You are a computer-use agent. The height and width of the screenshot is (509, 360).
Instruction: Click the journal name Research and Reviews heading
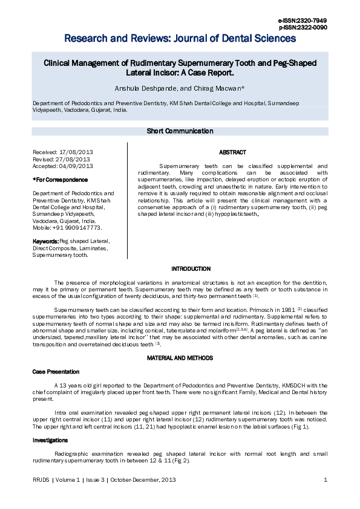tap(180, 39)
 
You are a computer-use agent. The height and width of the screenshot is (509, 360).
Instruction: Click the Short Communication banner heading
tap(180, 131)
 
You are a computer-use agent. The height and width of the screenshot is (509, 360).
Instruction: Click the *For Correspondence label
tap(60, 180)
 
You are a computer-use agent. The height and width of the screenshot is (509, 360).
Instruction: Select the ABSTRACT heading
tap(232, 152)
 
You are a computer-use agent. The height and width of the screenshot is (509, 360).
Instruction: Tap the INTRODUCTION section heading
tap(191, 269)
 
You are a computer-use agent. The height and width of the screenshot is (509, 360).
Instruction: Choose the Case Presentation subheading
tap(56, 372)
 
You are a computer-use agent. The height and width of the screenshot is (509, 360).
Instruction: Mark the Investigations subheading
tap(50, 441)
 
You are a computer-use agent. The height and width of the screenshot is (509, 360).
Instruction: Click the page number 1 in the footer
tap(326, 481)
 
